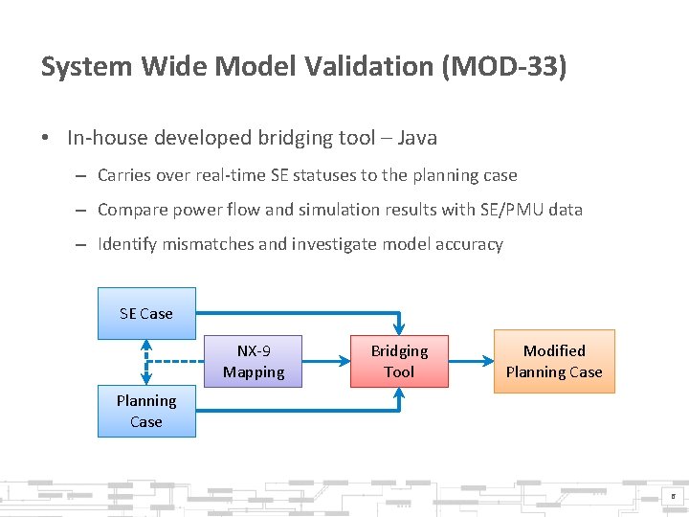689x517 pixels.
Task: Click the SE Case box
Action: point(146,314)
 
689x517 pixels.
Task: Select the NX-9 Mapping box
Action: point(254,361)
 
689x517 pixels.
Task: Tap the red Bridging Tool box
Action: point(399,361)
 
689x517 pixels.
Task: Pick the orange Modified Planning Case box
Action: point(554,361)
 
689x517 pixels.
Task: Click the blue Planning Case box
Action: point(146,411)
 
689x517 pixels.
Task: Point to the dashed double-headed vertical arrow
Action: point(146,362)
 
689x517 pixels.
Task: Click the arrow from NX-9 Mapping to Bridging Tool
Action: point(325,361)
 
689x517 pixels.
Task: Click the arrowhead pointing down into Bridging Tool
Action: point(399,327)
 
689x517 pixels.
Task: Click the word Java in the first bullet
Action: point(416,138)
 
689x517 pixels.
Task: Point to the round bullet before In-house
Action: point(47,138)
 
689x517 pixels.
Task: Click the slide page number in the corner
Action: point(673,496)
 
